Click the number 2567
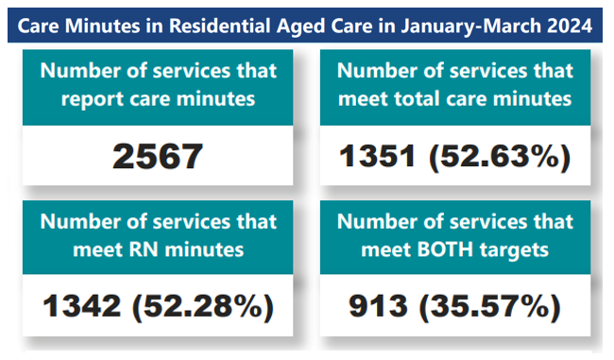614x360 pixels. pyautogui.click(x=157, y=156)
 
